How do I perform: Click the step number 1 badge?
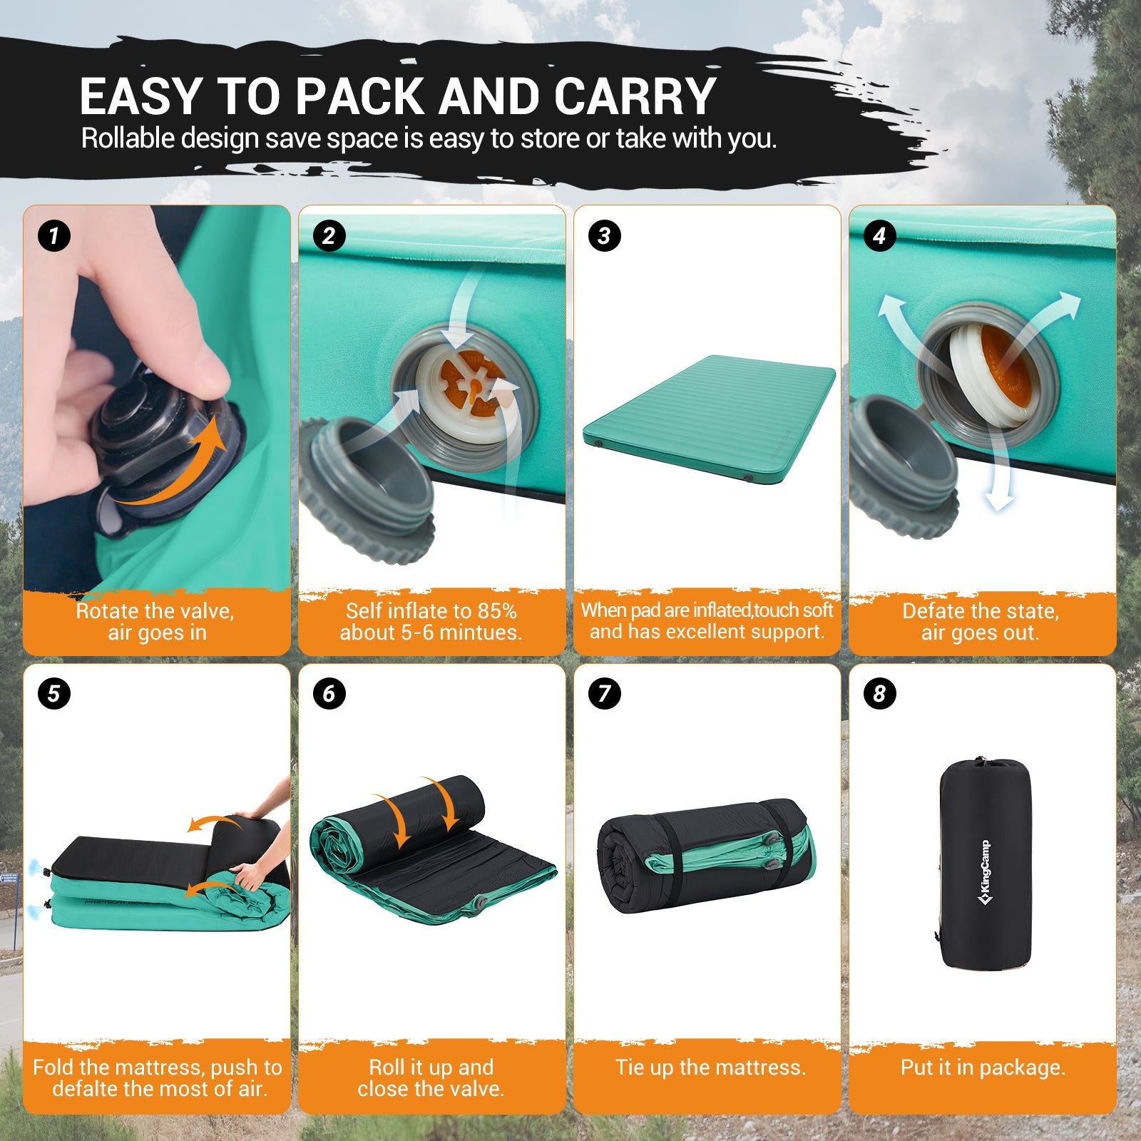coord(54,235)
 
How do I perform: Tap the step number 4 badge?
coord(879,235)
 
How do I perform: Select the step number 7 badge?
coord(604,693)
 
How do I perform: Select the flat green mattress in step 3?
coord(710,421)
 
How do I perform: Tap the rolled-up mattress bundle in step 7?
coord(706,856)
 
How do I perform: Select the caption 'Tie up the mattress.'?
coord(710,1068)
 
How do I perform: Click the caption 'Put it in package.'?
coord(983,1068)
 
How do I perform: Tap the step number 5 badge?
coord(54,693)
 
